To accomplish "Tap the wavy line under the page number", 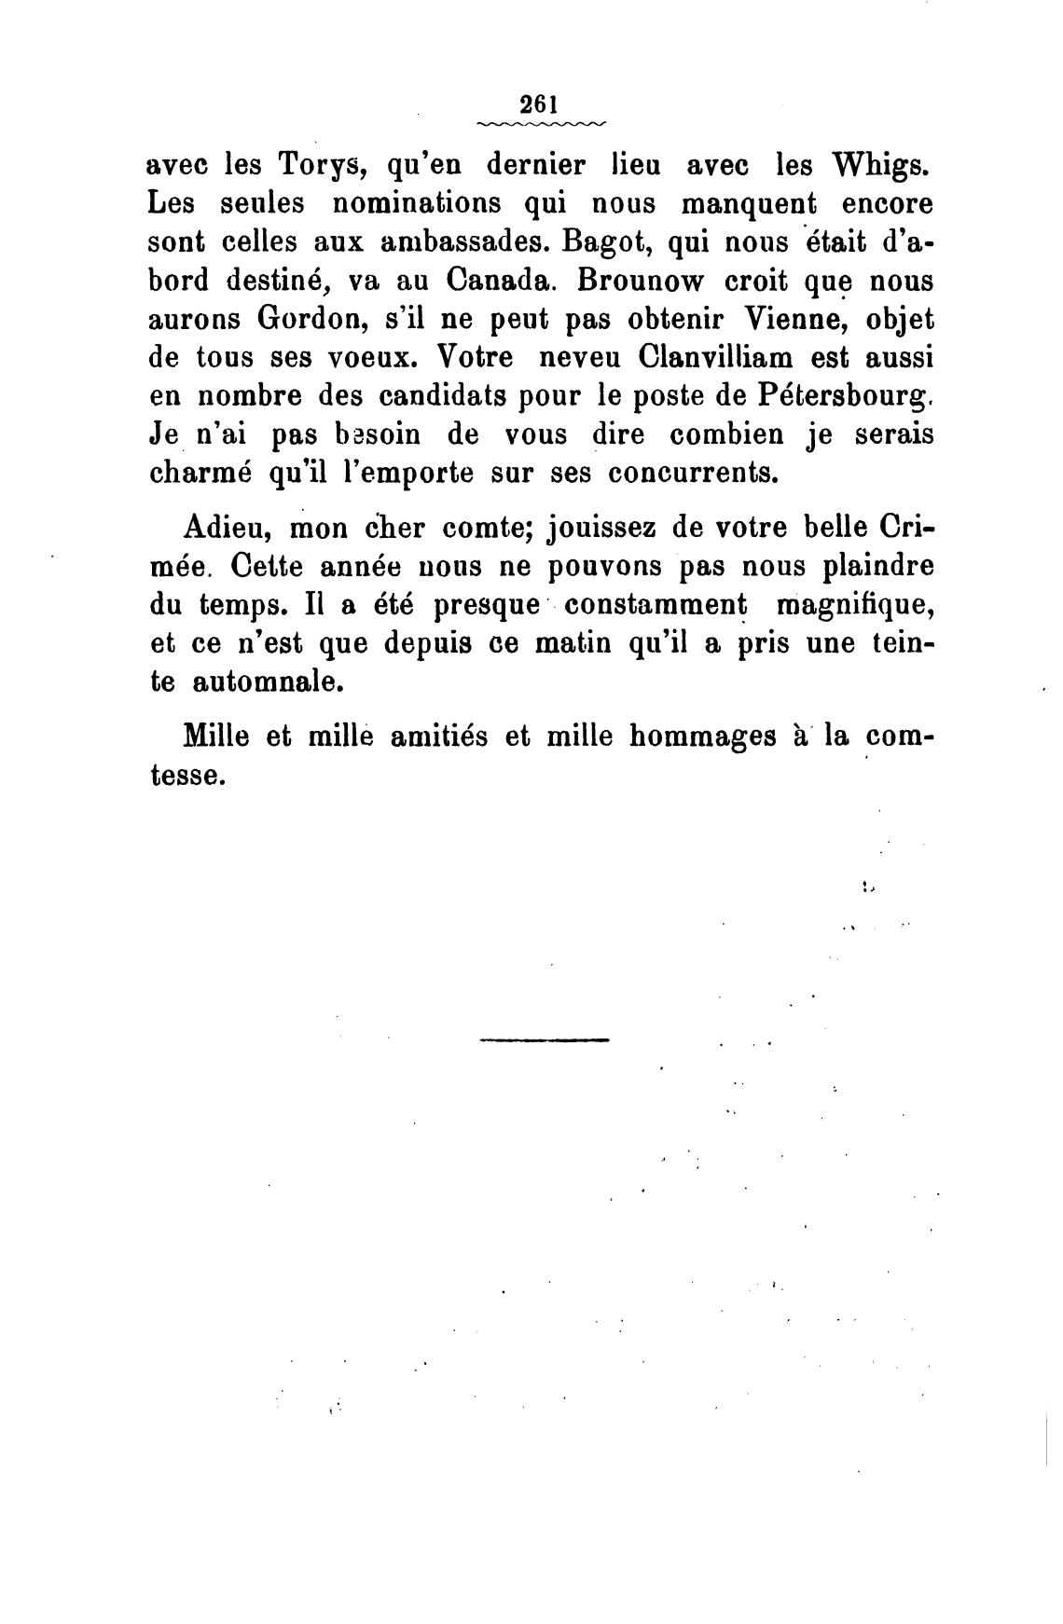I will pos(540,123).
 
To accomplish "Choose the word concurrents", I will pos(692,473).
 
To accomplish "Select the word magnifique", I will pos(854,605).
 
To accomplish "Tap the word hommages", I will pos(703,736).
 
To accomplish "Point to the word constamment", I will pos(657,605).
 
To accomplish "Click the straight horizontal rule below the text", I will pos(544,1039).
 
